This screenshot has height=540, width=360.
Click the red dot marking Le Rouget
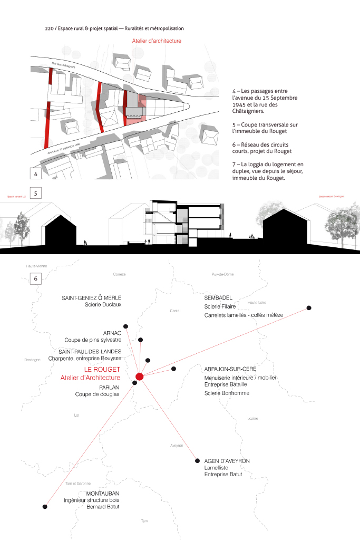tap(140, 377)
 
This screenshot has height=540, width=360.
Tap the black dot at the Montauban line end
tap(45, 507)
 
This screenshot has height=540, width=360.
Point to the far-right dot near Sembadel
tap(309, 308)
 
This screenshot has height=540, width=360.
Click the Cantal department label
tap(175, 311)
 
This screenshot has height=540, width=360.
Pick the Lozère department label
tap(252, 418)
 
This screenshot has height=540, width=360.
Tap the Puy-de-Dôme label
tap(222, 274)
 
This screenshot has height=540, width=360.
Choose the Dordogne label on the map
tap(33, 360)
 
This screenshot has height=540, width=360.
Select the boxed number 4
tap(36, 174)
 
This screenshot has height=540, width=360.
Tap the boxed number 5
tap(36, 193)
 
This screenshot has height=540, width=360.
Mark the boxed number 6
tap(36, 278)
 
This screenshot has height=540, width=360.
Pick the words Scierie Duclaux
tap(103, 304)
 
